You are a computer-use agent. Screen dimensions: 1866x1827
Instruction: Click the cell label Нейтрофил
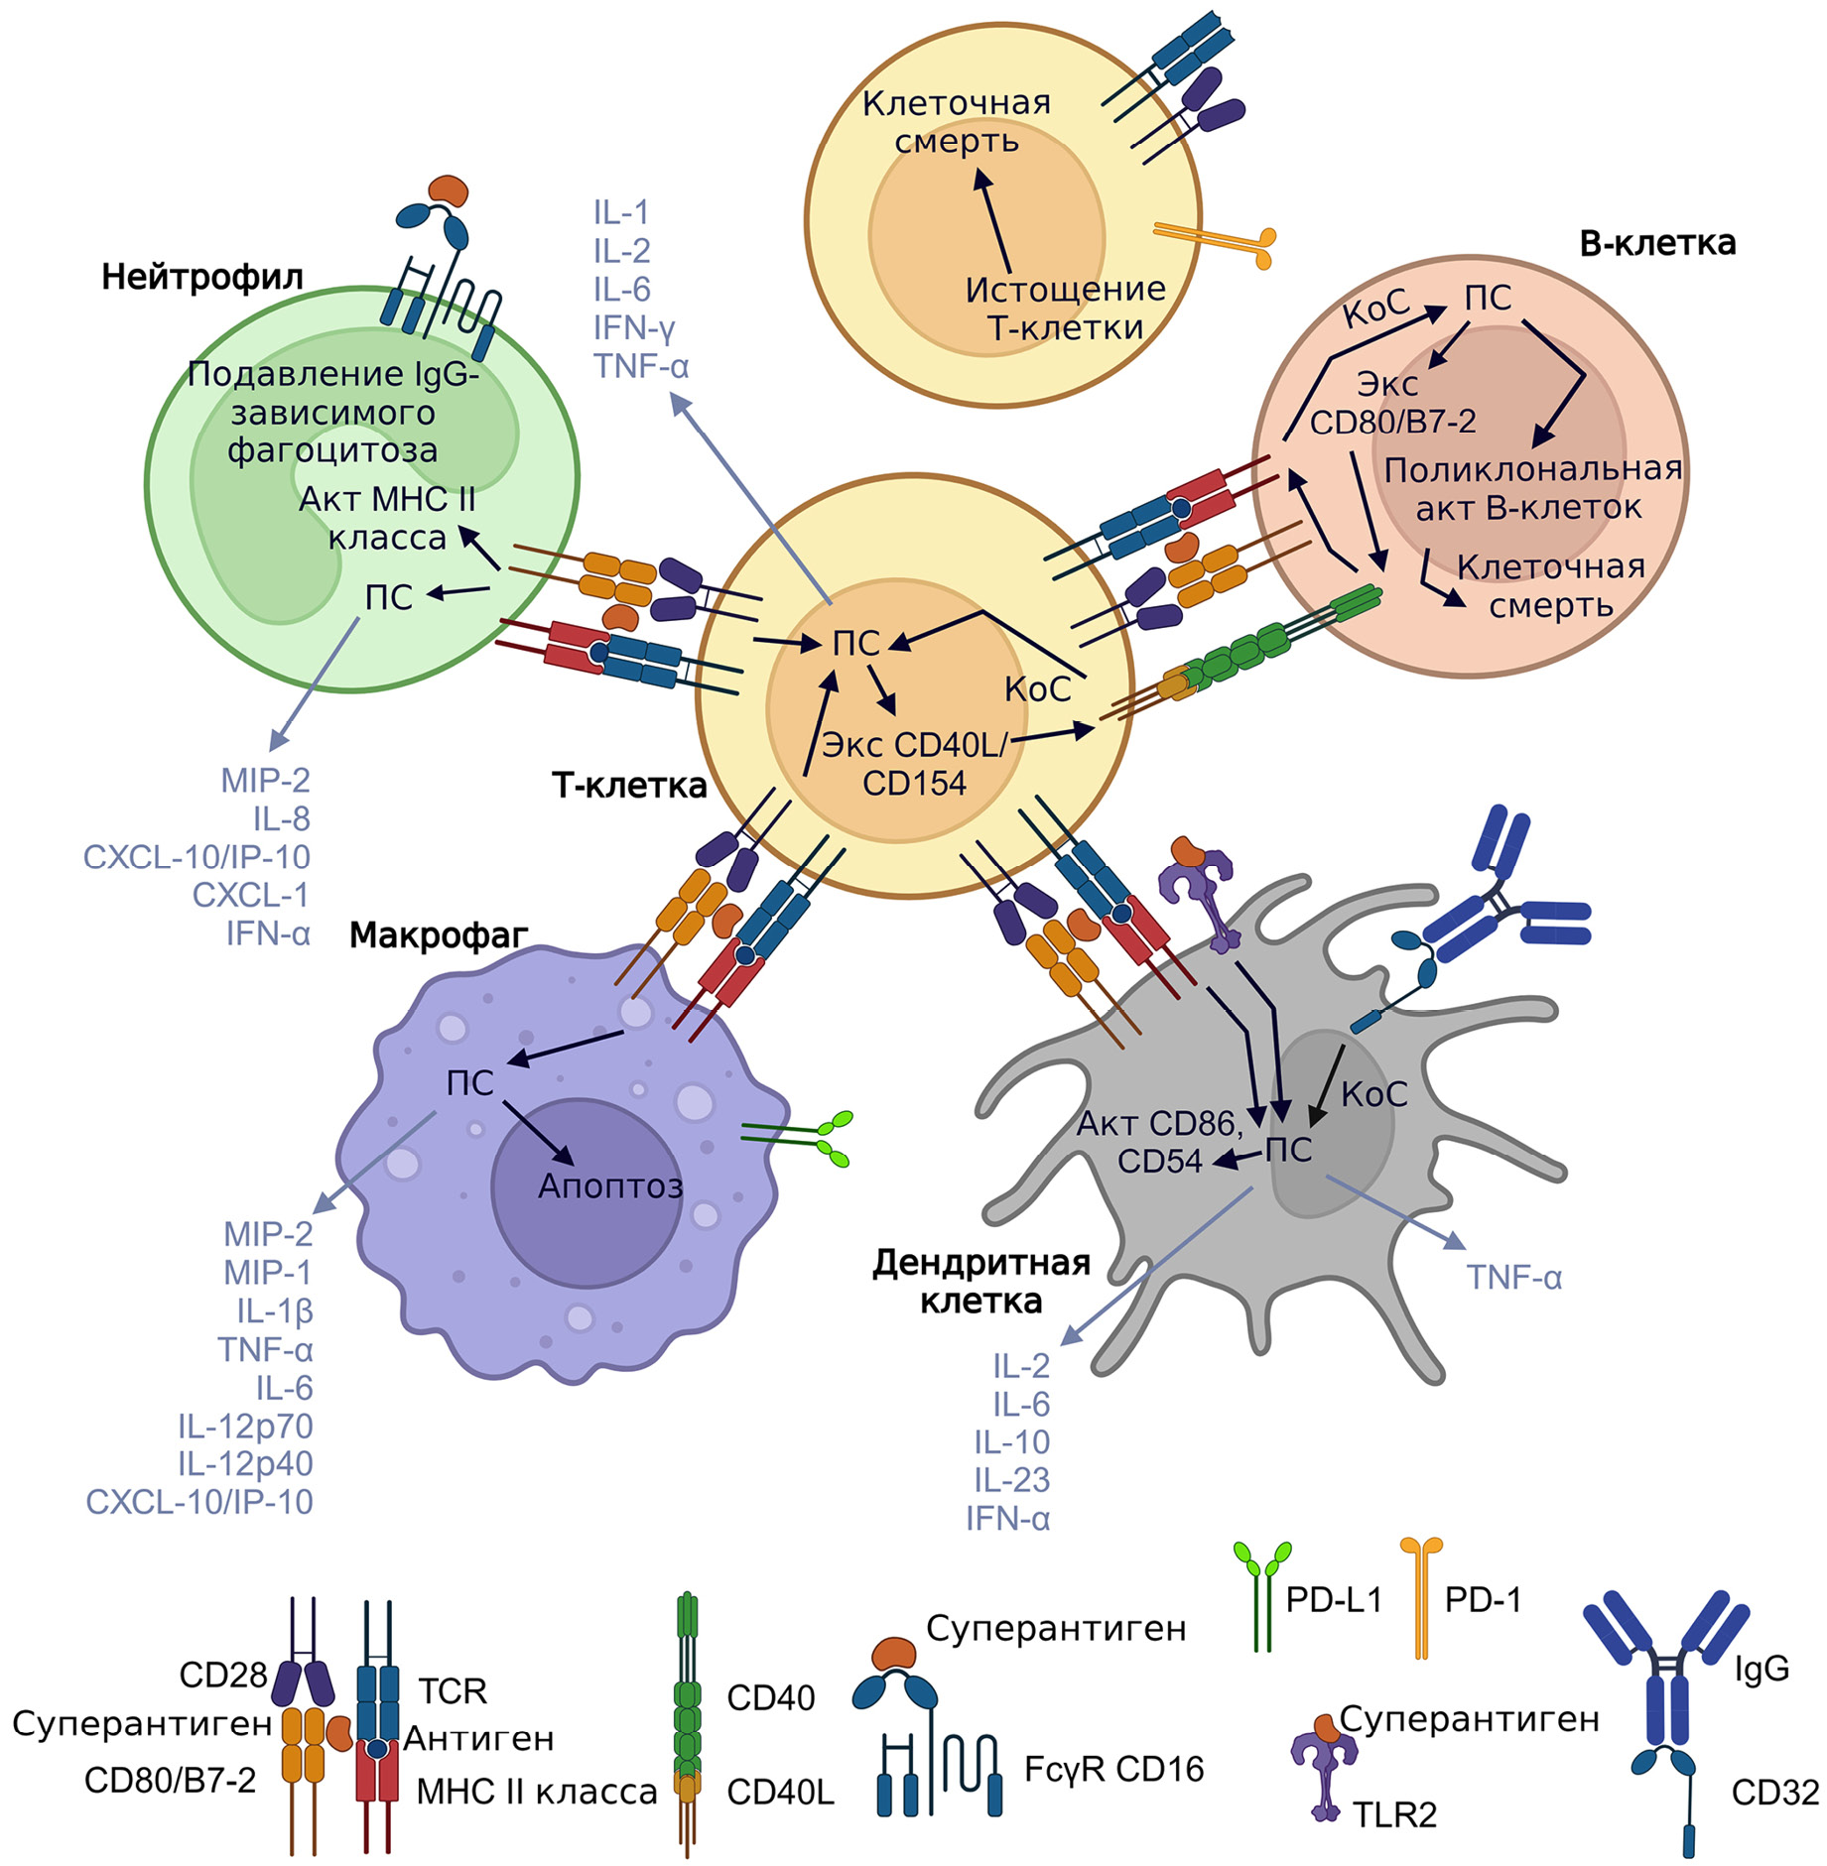[x=201, y=277]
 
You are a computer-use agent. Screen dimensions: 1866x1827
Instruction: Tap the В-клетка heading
[x=1656, y=243]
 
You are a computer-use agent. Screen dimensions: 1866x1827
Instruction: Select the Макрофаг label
[x=438, y=934]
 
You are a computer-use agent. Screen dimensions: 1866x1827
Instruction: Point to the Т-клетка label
[x=629, y=786]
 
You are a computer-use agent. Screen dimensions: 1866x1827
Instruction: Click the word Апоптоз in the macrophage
[x=610, y=1185]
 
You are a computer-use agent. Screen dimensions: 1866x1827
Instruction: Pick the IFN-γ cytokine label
[x=634, y=327]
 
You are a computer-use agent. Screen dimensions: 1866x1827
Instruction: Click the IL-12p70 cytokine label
[x=245, y=1426]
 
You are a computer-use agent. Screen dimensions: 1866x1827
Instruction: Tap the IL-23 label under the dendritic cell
[x=1011, y=1479]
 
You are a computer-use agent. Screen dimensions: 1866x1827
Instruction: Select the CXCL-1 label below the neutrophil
[x=250, y=895]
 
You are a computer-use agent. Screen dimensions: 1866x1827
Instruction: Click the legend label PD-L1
[x=1333, y=1599]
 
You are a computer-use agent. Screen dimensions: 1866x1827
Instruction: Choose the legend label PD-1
[x=1482, y=1599]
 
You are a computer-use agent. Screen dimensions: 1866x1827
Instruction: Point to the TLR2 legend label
[x=1394, y=1814]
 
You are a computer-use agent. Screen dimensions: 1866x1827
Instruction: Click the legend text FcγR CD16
[x=1113, y=1768]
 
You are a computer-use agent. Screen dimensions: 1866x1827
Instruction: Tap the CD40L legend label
[x=780, y=1792]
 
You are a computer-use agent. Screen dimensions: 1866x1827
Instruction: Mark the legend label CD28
[x=222, y=1675]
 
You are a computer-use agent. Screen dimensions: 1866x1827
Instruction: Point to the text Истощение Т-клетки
[x=1065, y=308]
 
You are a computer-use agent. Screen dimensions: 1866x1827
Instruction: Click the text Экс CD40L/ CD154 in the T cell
[x=914, y=764]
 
